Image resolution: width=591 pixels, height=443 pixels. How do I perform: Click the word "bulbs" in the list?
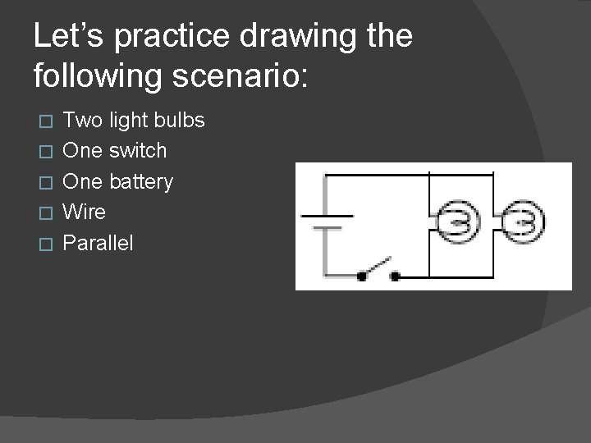(181, 121)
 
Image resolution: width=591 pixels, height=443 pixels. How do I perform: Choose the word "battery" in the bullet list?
(143, 181)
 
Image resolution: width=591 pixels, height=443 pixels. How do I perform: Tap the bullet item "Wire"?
(85, 212)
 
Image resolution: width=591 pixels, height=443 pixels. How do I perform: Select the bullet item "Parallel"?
(98, 242)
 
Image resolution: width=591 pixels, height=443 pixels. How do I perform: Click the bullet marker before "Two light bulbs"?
(46, 121)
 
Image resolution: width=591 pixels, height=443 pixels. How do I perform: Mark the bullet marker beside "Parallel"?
(46, 243)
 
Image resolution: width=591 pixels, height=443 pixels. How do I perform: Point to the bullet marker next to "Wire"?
(46, 212)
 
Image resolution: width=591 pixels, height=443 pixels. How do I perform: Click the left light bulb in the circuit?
(455, 220)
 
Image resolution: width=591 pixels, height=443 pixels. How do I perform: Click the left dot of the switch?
(361, 276)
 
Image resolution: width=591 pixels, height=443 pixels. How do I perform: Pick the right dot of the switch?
(395, 276)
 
